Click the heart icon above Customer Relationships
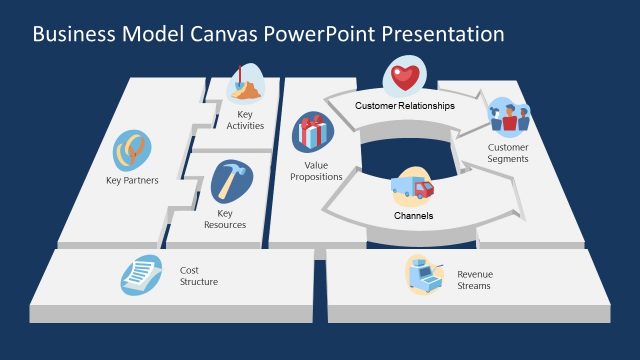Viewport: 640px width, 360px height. pos(404,76)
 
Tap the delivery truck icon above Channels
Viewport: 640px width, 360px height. pos(410,187)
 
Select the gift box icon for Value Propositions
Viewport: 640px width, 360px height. pos(313,132)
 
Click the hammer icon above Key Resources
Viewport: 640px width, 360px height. pos(232,182)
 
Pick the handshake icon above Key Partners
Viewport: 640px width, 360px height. pos(132,151)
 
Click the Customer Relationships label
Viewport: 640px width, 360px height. pos(404,105)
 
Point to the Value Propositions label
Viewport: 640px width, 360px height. pos(316,170)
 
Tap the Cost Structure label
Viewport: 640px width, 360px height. pos(198,276)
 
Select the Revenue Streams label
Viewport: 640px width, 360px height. pos(474,280)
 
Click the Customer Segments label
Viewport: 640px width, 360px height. pos(508,153)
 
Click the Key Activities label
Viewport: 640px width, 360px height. pos(245,119)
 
